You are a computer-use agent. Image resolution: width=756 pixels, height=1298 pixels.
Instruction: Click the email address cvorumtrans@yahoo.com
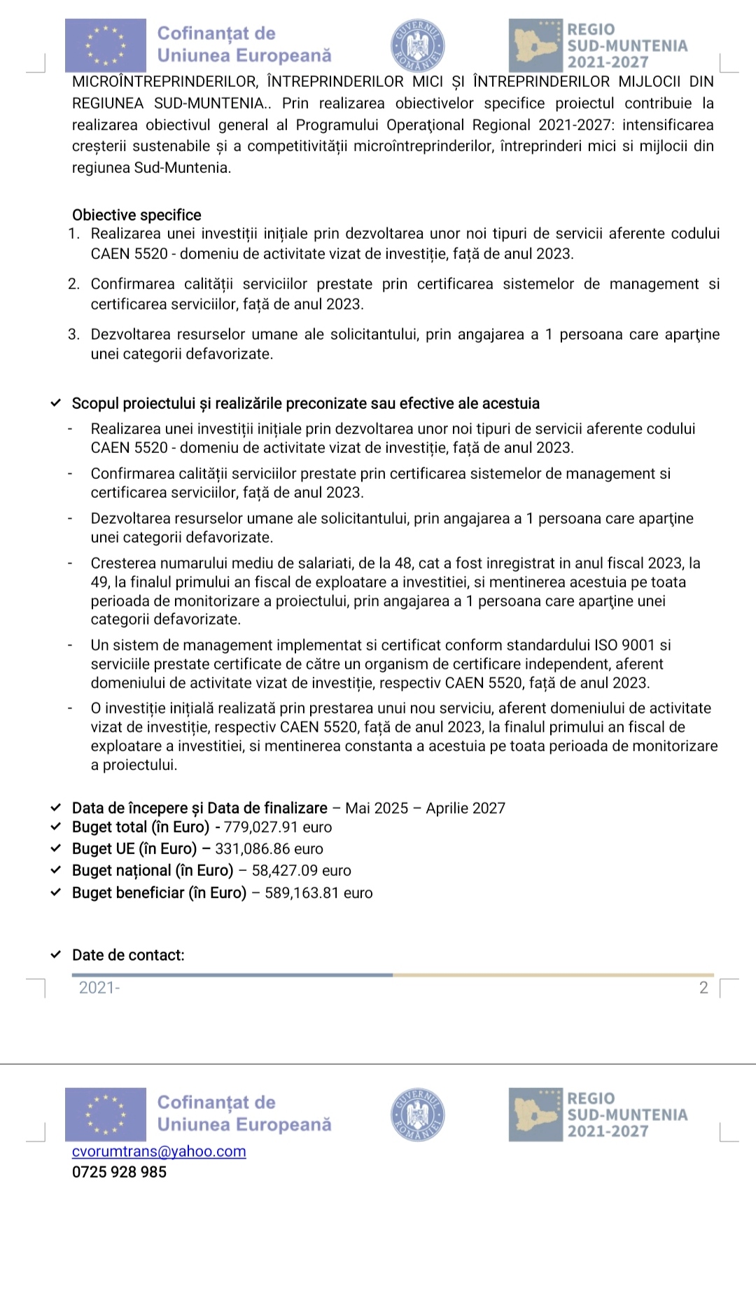159,1152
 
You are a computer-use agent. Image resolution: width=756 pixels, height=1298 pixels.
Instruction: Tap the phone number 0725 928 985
119,1172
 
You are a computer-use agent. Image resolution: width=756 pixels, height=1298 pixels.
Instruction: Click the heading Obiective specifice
136,216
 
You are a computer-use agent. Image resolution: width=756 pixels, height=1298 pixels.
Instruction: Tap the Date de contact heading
128,956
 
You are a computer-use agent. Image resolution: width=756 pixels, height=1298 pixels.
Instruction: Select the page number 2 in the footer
703,988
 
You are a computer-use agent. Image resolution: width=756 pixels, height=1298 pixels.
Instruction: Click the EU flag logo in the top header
106,46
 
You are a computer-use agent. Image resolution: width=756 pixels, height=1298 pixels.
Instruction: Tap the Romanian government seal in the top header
418,46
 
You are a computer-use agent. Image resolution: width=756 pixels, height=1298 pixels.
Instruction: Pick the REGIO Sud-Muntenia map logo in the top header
535,46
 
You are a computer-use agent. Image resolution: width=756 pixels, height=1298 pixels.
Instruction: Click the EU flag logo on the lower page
106,1115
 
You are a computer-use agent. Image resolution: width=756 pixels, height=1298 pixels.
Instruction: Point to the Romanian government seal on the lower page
418,1115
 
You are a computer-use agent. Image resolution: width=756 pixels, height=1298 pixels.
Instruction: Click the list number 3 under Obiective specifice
73,335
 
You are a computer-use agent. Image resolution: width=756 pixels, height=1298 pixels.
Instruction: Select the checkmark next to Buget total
56,827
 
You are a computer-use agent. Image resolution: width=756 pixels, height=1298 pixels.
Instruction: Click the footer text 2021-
99,988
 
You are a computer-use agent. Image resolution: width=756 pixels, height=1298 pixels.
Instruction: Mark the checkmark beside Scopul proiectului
56,404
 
